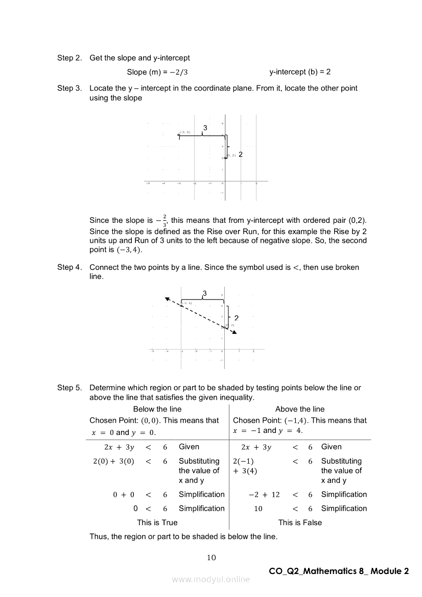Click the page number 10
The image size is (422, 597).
click(211, 558)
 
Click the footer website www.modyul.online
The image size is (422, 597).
click(211, 579)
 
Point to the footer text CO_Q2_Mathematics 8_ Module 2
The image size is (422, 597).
click(339, 571)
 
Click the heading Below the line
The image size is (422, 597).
click(157, 409)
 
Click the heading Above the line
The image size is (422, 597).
click(300, 409)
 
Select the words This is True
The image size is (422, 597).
click(157, 522)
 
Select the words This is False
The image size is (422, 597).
click(300, 522)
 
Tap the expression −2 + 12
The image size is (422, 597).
click(264, 494)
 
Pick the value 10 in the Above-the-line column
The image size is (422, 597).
click(258, 509)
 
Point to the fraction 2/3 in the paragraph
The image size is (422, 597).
click(165, 220)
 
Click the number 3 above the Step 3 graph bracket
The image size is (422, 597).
click(205, 127)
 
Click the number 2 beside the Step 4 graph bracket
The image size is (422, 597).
click(237, 318)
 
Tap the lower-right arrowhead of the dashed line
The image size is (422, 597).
click(235, 332)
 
